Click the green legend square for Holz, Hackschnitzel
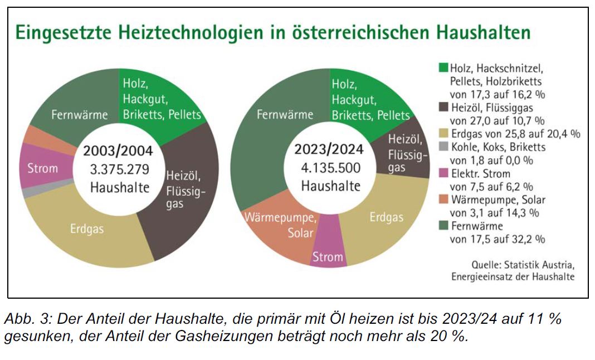(x=443, y=68)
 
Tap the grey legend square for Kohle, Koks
(x=443, y=148)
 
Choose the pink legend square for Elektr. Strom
(x=443, y=174)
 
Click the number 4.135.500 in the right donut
(x=331, y=168)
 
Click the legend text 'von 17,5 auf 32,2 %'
(x=497, y=240)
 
